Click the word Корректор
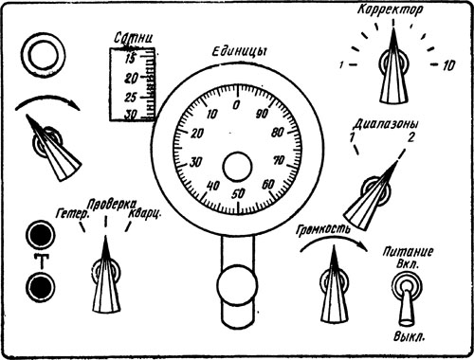click(x=390, y=9)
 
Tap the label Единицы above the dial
click(x=238, y=52)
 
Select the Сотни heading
click(x=134, y=39)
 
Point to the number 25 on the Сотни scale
click(x=130, y=98)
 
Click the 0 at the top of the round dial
click(x=236, y=105)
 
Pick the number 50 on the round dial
click(x=238, y=193)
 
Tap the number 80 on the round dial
click(x=277, y=133)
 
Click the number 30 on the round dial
click(x=195, y=162)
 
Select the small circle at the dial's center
click(x=237, y=167)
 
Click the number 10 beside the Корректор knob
click(x=448, y=65)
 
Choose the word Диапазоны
click(x=386, y=124)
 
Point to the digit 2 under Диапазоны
click(x=410, y=137)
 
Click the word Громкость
click(x=323, y=229)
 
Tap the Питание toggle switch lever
click(x=407, y=303)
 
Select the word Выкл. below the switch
click(x=410, y=336)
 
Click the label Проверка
click(x=112, y=205)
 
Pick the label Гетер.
click(x=72, y=214)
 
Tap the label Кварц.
click(x=145, y=214)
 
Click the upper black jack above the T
click(x=40, y=235)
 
